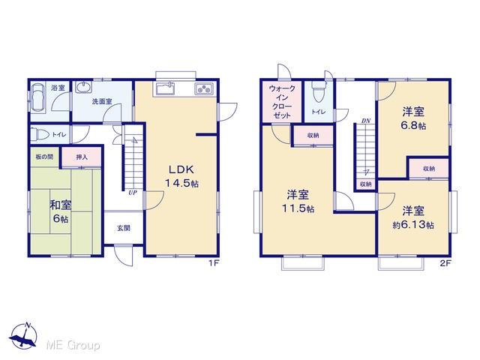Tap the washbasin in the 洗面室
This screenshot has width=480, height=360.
click(83, 87)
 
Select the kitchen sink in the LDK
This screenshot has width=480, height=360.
click(165, 89)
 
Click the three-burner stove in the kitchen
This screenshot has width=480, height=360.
click(204, 89)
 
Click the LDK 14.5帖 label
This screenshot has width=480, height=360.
click(181, 176)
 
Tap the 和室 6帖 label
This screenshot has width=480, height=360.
click(60, 211)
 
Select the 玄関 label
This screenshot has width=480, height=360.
click(124, 228)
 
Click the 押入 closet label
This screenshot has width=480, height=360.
click(82, 157)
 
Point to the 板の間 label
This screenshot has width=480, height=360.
click(45, 157)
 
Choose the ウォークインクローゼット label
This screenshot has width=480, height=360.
click(282, 102)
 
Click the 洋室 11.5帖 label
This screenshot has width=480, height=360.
click(298, 202)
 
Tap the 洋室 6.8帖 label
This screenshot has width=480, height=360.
click(413, 118)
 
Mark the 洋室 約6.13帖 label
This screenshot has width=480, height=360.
click(413, 218)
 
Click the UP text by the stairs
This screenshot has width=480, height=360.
click(133, 193)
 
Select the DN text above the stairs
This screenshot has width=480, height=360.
click(366, 121)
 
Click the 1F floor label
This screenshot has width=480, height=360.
click(213, 263)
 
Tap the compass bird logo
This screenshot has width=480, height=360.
click(23, 336)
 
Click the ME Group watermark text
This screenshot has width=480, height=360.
click(73, 345)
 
